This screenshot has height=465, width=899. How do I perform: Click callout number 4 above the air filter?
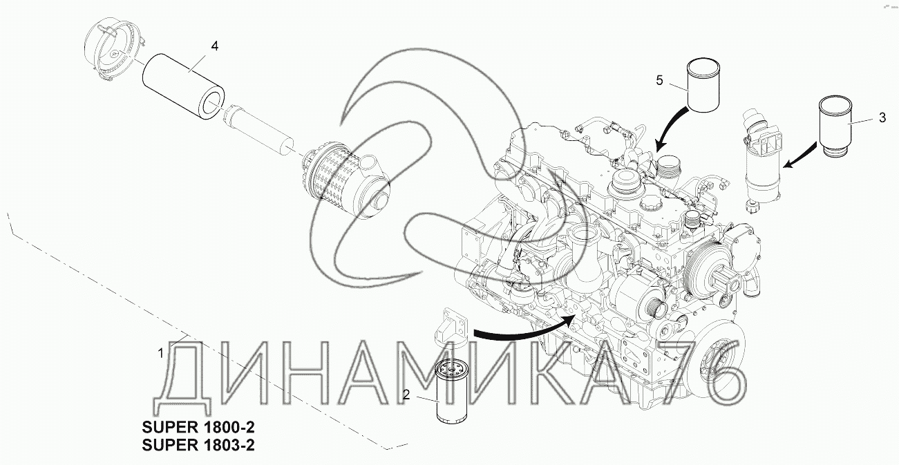(x=215, y=46)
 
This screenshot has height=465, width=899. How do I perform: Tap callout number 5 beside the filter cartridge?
(x=659, y=81)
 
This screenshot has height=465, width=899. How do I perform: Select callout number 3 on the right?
(x=882, y=117)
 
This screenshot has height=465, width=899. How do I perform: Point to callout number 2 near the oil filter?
(x=406, y=395)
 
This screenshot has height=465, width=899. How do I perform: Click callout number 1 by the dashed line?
(x=161, y=354)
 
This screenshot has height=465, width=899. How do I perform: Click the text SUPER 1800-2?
(x=198, y=427)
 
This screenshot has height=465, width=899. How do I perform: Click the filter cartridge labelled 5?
(x=703, y=85)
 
